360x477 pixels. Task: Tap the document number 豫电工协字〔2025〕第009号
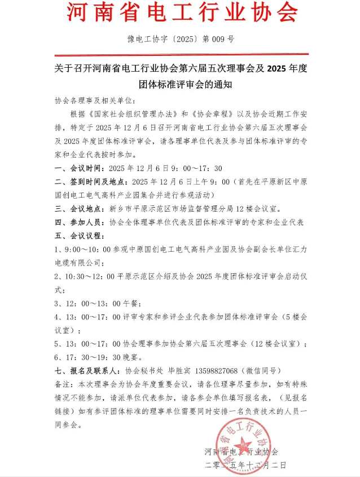181,40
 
